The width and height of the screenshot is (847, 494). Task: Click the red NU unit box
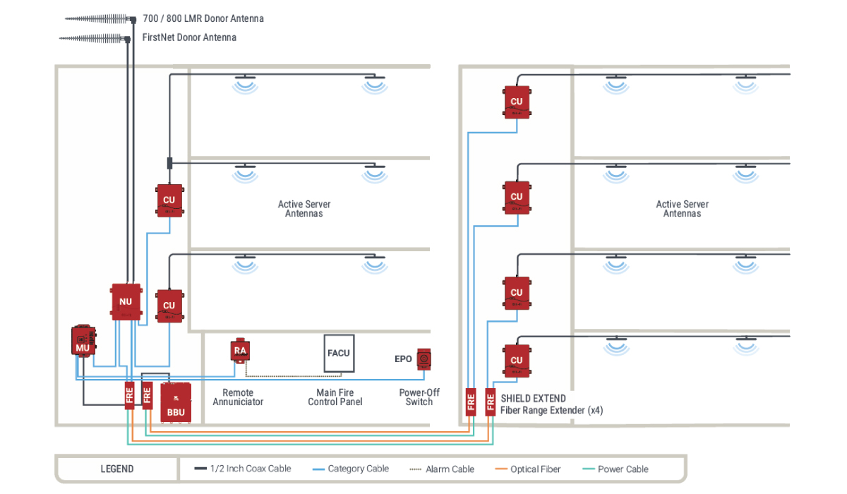tap(126, 302)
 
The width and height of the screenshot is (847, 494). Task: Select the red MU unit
tap(83, 341)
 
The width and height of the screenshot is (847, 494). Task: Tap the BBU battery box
tap(176, 403)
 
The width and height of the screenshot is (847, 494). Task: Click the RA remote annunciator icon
tap(240, 350)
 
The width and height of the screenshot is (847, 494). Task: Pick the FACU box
tap(339, 353)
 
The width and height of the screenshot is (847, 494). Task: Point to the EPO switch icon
tap(423, 359)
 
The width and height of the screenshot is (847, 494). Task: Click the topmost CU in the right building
tap(516, 102)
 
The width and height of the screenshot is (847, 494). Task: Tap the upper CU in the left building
tap(169, 200)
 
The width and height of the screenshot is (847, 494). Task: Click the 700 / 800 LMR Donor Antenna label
tap(203, 18)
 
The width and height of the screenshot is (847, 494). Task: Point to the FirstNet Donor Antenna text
tap(189, 37)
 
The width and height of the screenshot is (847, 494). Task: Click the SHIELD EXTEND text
tap(533, 399)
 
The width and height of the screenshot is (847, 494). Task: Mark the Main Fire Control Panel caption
tap(335, 397)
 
